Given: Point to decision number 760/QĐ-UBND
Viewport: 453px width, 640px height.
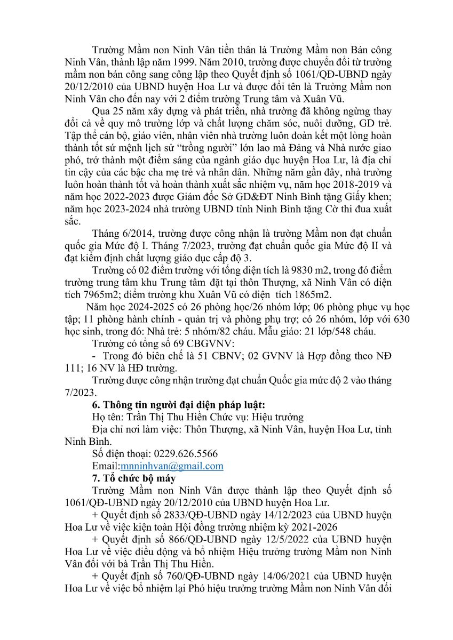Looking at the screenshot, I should (185, 577).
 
